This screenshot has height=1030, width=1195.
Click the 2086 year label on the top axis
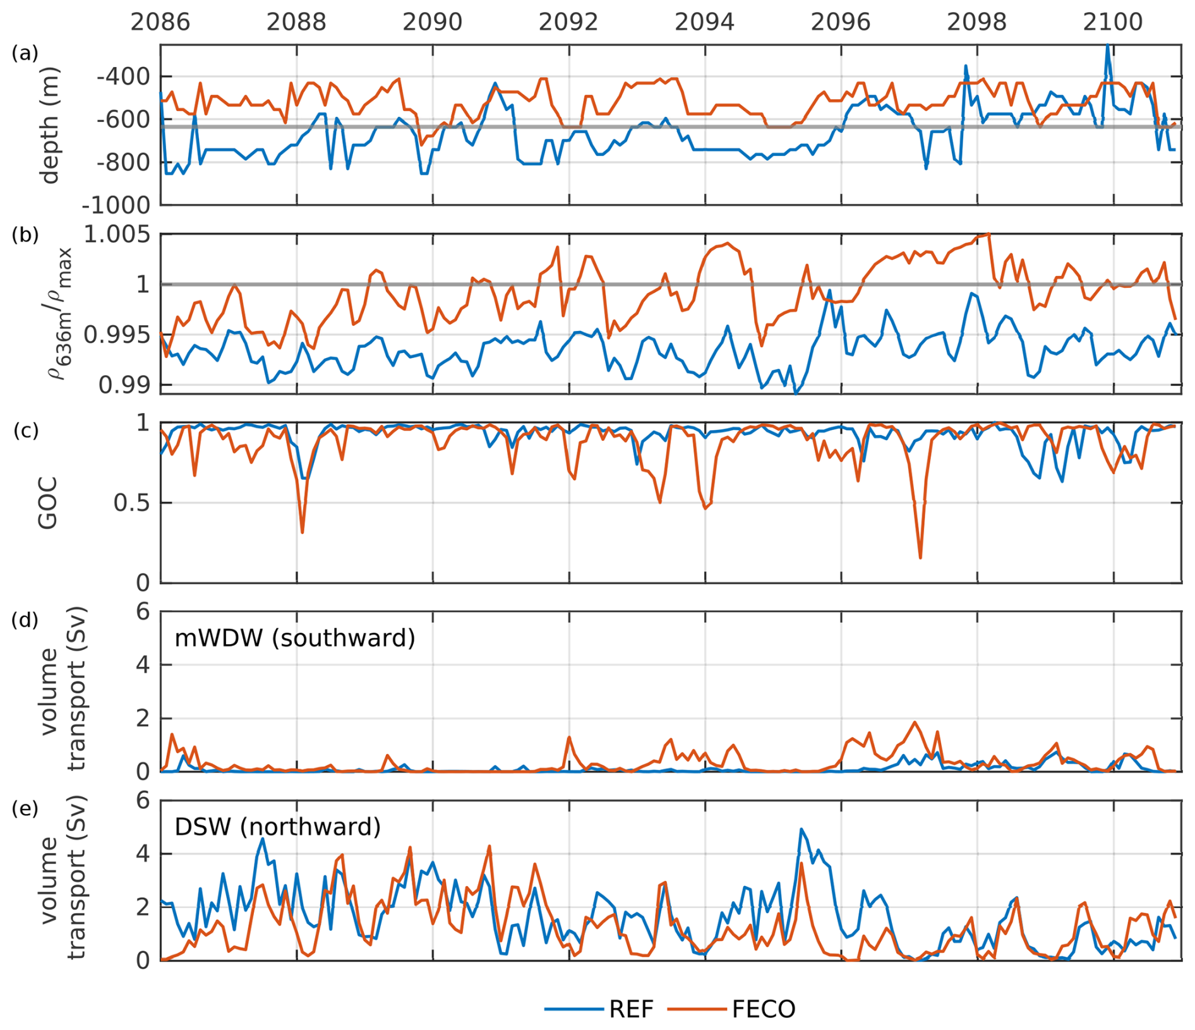click(x=160, y=22)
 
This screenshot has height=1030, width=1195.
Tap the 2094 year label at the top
click(x=704, y=22)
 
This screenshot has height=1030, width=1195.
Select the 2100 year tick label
click(x=1112, y=22)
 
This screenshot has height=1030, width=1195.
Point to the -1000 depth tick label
click(x=116, y=205)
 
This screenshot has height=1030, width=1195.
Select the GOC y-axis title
click(x=48, y=503)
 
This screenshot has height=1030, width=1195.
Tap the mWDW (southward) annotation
click(x=295, y=638)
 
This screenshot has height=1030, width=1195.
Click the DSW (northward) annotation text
click(x=277, y=827)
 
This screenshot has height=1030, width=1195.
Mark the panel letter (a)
click(x=25, y=54)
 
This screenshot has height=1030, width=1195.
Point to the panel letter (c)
click(x=25, y=431)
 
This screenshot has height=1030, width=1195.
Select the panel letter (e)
click(x=25, y=808)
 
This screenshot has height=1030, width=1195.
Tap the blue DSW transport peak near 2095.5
click(x=801, y=829)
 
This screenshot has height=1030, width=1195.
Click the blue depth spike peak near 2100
click(x=1107, y=45)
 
